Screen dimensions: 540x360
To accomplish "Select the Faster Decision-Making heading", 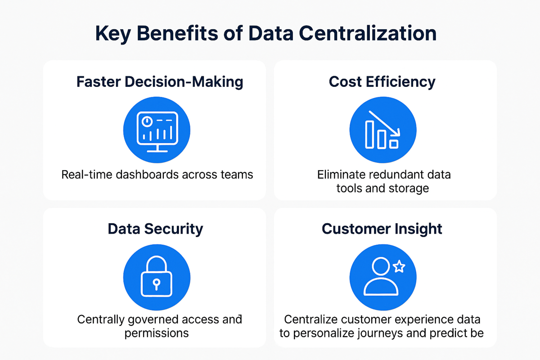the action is pyautogui.click(x=160, y=82).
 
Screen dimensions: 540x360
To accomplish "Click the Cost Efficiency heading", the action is pyautogui.click(x=382, y=82).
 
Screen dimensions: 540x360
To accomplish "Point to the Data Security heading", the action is pyautogui.click(x=155, y=229).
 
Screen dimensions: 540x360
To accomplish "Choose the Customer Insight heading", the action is pyautogui.click(x=382, y=229).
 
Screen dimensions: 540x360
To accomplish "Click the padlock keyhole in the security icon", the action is pyautogui.click(x=157, y=284).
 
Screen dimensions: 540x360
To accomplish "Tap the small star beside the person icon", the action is pyautogui.click(x=399, y=266).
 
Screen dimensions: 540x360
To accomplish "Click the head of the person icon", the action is pyautogui.click(x=381, y=266).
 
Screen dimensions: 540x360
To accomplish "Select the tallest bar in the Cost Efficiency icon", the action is pyautogui.click(x=369, y=135).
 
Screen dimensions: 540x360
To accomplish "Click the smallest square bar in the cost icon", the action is pyautogui.click(x=394, y=144).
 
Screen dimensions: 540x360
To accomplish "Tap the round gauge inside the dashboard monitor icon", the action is pyautogui.click(x=147, y=121).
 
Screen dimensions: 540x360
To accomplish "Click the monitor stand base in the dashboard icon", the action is pyautogui.click(x=157, y=151).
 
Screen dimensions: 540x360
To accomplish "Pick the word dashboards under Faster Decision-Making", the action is pyautogui.click(x=148, y=175).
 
